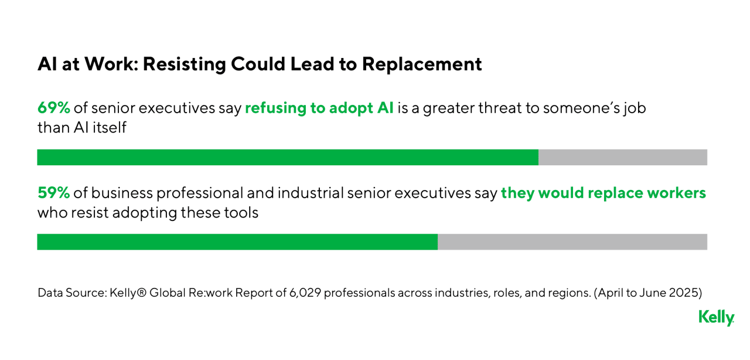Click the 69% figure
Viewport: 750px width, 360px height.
[54, 108]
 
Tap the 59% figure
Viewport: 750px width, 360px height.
[54, 193]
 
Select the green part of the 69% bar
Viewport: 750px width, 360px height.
[287, 157]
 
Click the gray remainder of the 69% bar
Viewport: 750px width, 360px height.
[622, 157]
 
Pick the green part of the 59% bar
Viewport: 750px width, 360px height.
[237, 242]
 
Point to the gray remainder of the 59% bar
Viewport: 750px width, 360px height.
[572, 242]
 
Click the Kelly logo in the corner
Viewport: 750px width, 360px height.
[716, 318]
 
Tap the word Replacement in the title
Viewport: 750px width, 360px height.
[422, 64]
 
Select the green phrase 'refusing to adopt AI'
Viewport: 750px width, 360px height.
[319, 108]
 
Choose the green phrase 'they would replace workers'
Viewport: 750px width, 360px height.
[603, 193]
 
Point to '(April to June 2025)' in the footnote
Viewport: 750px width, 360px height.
[648, 292]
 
